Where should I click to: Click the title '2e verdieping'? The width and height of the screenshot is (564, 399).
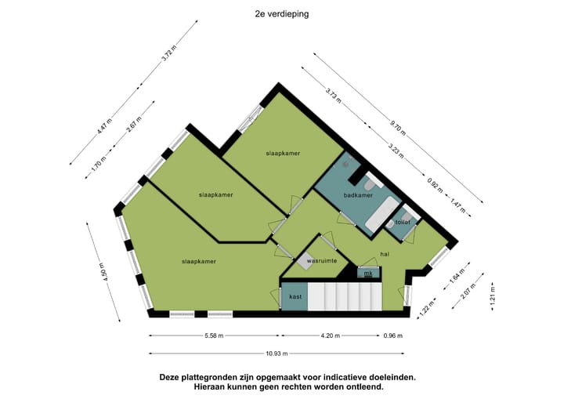[281, 13]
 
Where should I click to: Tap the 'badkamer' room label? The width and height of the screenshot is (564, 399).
[357, 195]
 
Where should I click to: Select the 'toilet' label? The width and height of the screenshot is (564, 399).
[403, 222]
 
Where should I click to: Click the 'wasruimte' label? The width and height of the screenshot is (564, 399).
[321, 259]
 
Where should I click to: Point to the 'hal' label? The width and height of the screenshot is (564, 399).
[384, 253]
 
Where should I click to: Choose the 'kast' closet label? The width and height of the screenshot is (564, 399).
[295, 297]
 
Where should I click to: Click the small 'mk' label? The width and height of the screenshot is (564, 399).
[367, 274]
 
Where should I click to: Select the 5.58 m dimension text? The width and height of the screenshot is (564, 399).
[214, 336]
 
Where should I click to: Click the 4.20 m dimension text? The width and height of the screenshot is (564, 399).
[330, 336]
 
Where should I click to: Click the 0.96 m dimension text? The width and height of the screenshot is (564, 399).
[392, 336]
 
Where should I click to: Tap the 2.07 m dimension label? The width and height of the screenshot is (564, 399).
[468, 295]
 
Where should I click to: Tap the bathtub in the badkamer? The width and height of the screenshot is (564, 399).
[384, 212]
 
